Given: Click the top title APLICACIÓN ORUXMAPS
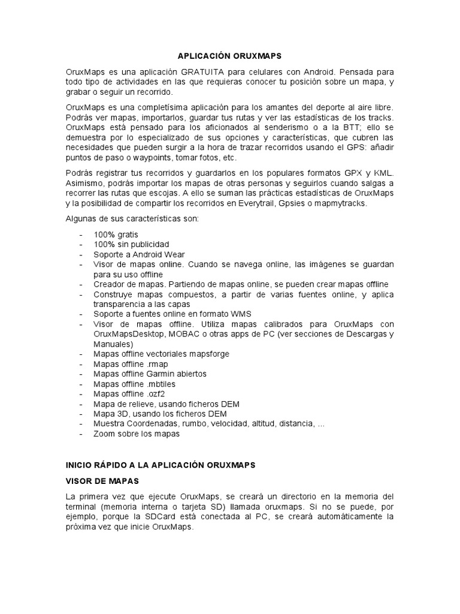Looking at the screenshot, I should click(230, 55).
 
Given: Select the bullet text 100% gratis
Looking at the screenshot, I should click(116, 234).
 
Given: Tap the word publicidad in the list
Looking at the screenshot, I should click(148, 244).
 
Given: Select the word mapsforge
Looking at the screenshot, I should click(208, 354).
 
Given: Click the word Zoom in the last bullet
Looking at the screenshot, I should click(104, 434).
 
